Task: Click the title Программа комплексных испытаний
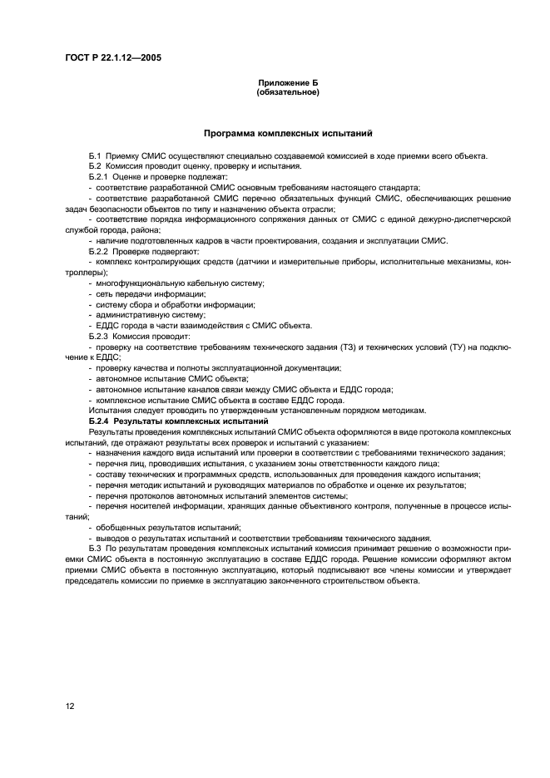click(288, 133)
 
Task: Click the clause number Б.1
click(95, 155)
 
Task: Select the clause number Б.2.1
click(98, 177)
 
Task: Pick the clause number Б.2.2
click(98, 251)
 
